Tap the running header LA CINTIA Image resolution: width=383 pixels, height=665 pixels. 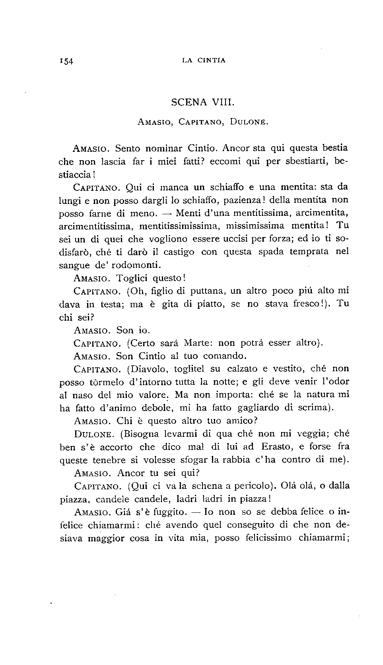point(203,60)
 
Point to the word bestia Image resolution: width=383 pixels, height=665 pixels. point(334,148)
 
